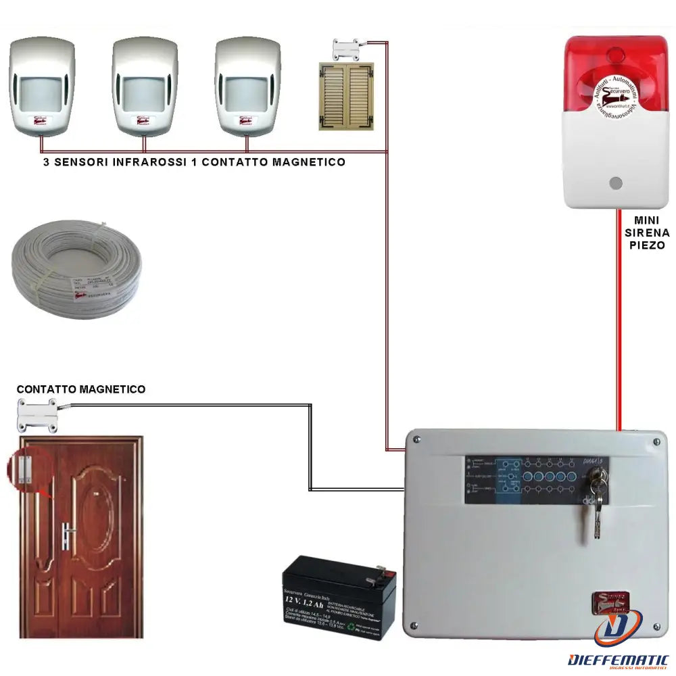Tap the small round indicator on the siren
point(614,183)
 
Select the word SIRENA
point(652,233)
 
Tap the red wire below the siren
point(619,318)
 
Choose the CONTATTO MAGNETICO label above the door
point(80,389)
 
